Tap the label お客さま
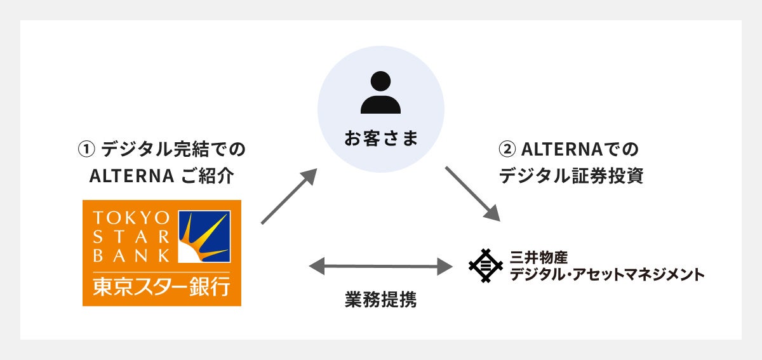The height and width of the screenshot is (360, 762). [381, 139]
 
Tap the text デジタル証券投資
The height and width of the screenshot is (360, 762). [571, 176]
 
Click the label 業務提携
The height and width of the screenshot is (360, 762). [380, 300]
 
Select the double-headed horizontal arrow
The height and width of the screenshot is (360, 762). [381, 266]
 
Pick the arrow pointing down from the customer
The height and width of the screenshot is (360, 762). [473, 194]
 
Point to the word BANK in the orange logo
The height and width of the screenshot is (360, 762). [131, 256]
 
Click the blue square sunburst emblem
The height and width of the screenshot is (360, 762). [204, 236]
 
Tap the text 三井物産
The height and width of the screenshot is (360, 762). [538, 257]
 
